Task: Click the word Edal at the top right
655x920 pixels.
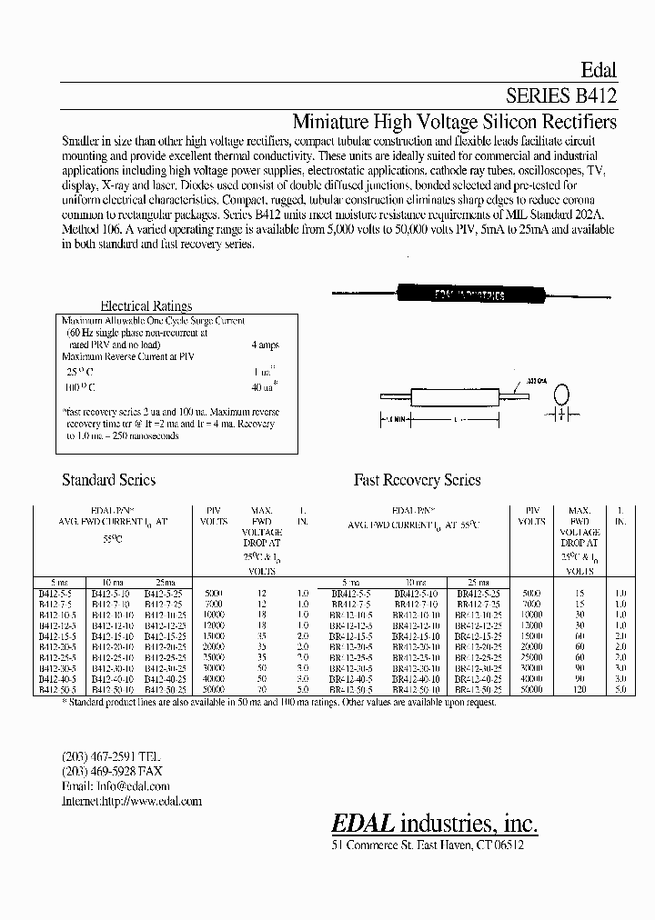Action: tap(598, 70)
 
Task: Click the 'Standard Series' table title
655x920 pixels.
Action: tap(108, 480)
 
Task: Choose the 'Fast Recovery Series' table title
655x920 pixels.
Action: tap(417, 480)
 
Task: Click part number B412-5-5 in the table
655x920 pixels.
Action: tap(54, 593)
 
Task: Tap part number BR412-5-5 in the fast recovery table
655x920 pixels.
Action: tap(350, 593)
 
